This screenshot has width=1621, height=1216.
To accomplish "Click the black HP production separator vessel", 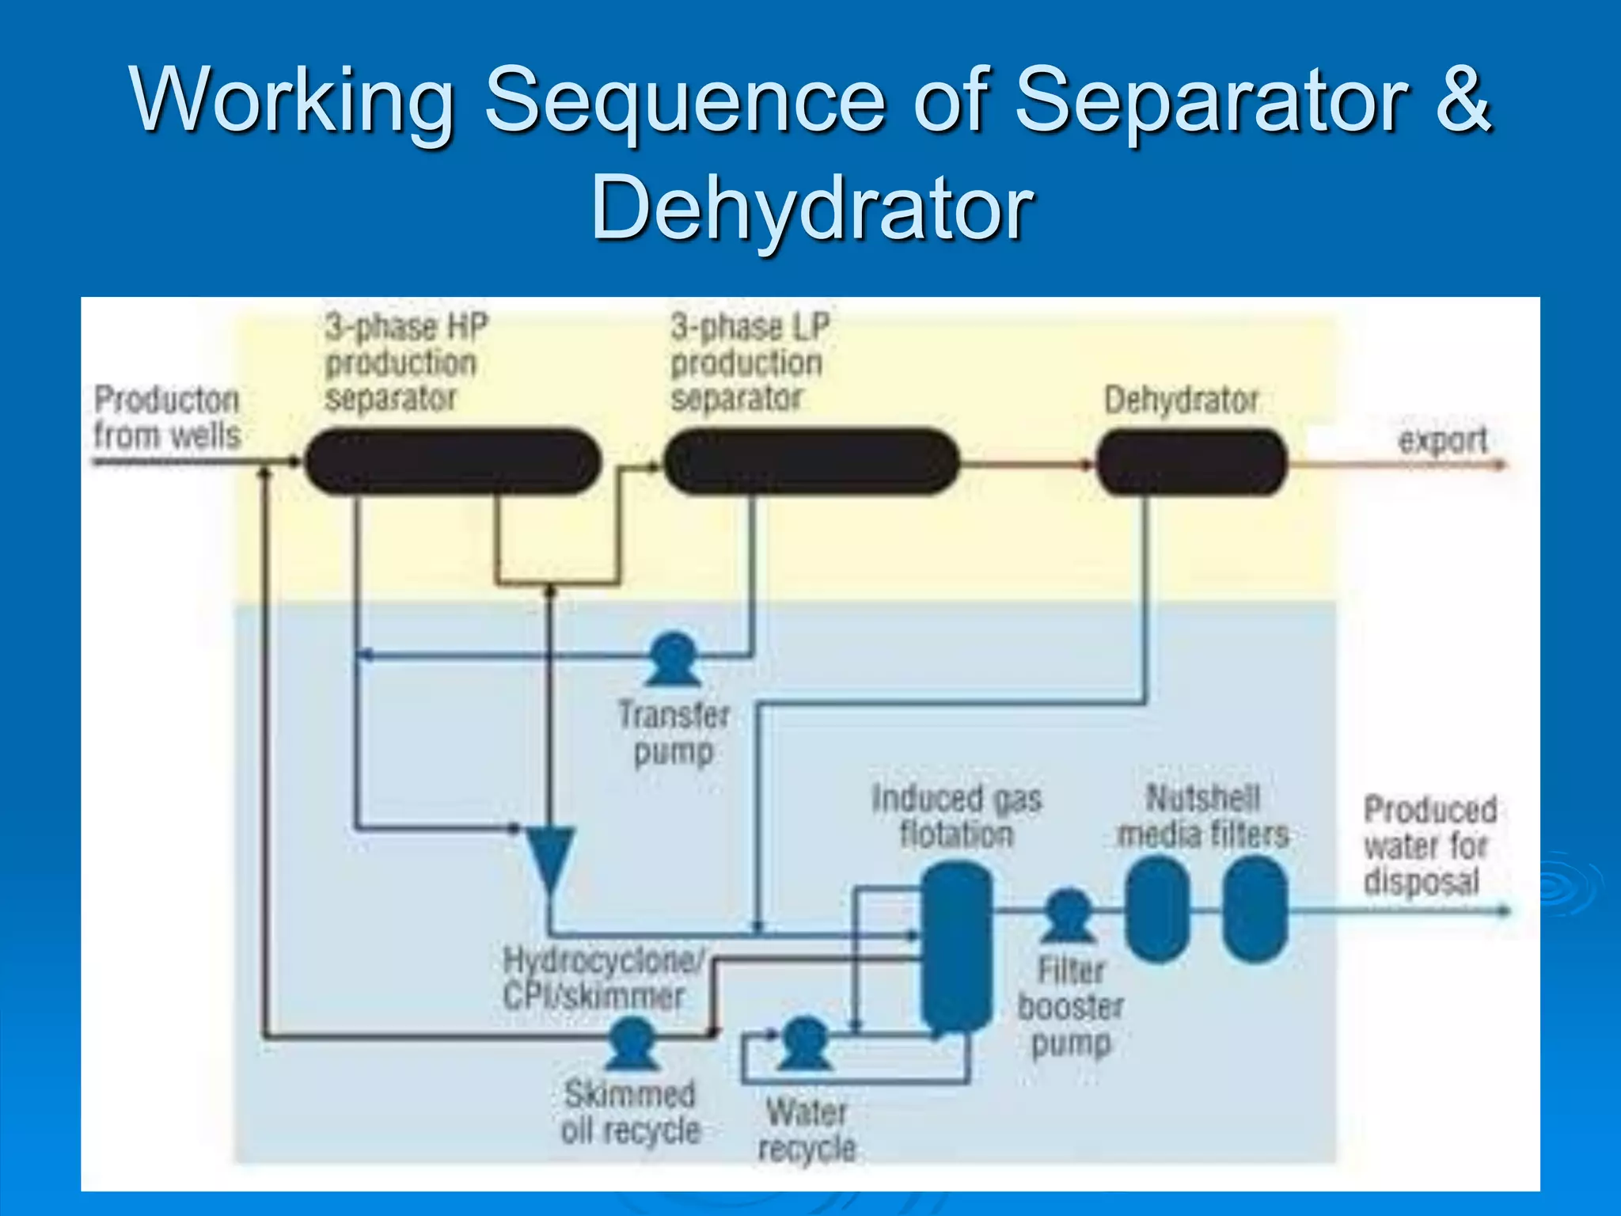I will coord(453,461).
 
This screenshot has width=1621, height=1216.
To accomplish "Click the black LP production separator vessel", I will coord(811,461).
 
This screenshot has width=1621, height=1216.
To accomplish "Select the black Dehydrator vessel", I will coord(1191,462).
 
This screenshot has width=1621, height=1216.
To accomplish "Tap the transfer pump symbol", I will coord(674,659).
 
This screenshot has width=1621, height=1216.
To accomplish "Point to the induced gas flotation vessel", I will coord(956,946).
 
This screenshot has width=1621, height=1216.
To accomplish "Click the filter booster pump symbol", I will coord(1069,916).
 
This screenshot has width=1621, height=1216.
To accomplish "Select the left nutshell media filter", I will coord(1157,910).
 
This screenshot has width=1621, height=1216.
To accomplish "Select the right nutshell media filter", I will coord(1255,910).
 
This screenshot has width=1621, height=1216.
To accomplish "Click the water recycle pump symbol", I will coord(805,1042).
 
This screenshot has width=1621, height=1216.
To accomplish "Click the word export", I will coord(1442,440).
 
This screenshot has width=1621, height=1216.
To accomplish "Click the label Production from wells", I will coord(166,417).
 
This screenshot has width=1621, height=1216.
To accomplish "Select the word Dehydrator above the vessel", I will coord(1181,400).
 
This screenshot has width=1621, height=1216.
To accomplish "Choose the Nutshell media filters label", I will coord(1203,816).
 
